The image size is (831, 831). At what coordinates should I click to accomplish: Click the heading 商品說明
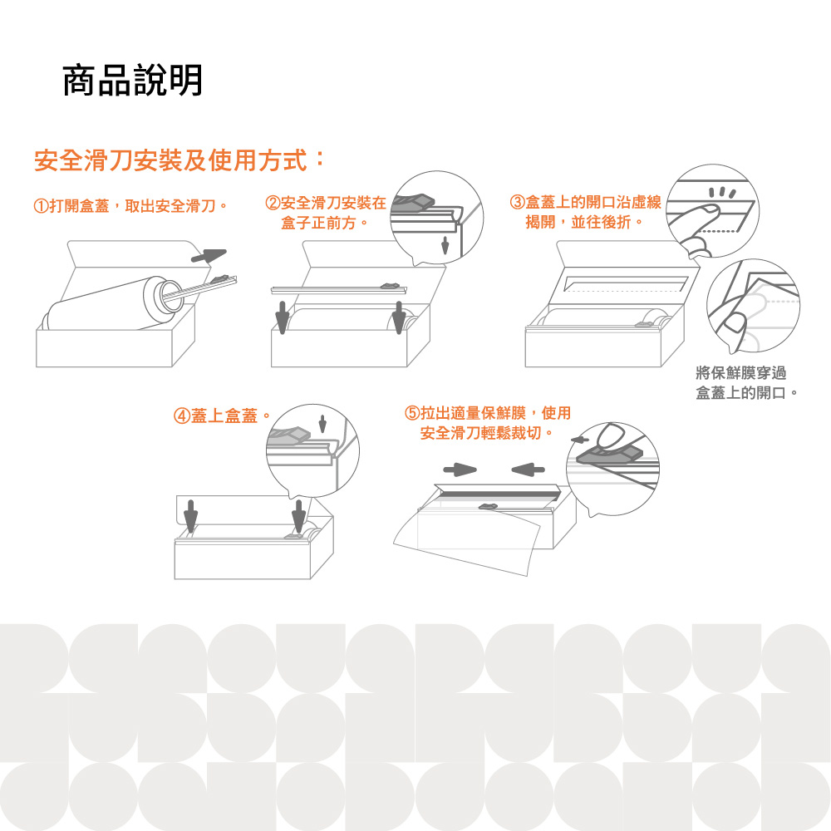click(132, 80)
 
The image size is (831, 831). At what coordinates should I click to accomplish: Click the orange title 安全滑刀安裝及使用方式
click(170, 160)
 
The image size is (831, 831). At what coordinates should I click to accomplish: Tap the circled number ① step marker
click(41, 205)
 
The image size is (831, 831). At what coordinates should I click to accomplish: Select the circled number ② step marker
click(273, 203)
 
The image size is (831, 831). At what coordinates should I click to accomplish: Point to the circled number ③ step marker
click(517, 202)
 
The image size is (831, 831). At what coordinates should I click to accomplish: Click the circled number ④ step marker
click(182, 416)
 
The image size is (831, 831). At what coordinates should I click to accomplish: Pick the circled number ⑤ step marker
click(412, 413)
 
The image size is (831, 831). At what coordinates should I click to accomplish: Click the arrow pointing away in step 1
click(209, 255)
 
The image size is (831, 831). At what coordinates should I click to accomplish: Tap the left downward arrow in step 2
click(283, 317)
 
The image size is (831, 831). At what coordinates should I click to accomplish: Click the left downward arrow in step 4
click(191, 516)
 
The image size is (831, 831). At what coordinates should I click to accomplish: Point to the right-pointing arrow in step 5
click(460, 470)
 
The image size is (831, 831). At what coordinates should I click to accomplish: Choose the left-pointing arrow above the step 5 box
click(528, 470)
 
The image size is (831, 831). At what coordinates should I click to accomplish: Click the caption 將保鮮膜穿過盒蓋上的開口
click(746, 382)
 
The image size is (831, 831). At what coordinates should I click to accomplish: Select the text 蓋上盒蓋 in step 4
click(224, 416)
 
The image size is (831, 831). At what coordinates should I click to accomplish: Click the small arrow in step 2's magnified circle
click(445, 245)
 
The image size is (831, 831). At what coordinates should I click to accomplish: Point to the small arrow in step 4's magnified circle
click(322, 424)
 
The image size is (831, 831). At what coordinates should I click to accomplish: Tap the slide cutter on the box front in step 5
click(489, 507)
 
